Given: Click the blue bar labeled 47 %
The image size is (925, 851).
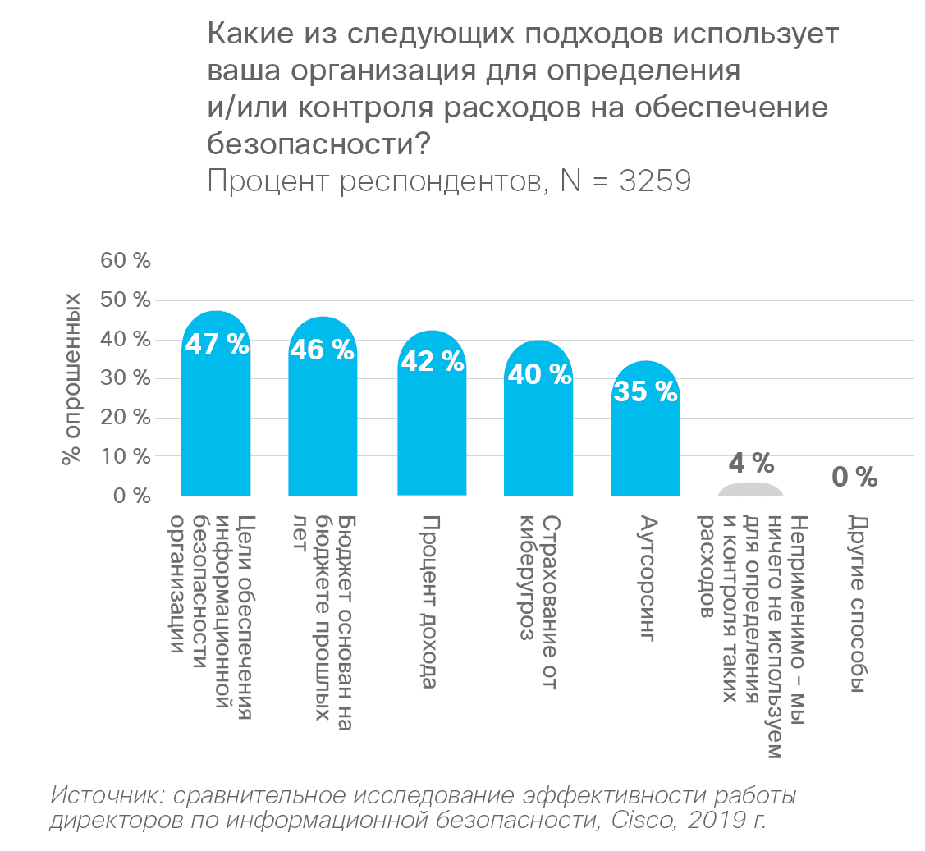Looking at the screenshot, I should point(216,410).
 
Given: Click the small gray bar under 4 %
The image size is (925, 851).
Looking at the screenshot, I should point(751,490).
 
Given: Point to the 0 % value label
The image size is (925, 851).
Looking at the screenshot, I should point(854,477).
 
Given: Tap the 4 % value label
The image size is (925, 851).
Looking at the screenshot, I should point(751,464).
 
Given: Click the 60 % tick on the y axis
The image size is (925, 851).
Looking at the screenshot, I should point(126,262).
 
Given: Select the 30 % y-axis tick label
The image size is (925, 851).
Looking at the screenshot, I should point(126,378).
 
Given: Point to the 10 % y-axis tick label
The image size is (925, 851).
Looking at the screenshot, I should point(126,456).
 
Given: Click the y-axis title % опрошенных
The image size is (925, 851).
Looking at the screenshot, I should point(72,377).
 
